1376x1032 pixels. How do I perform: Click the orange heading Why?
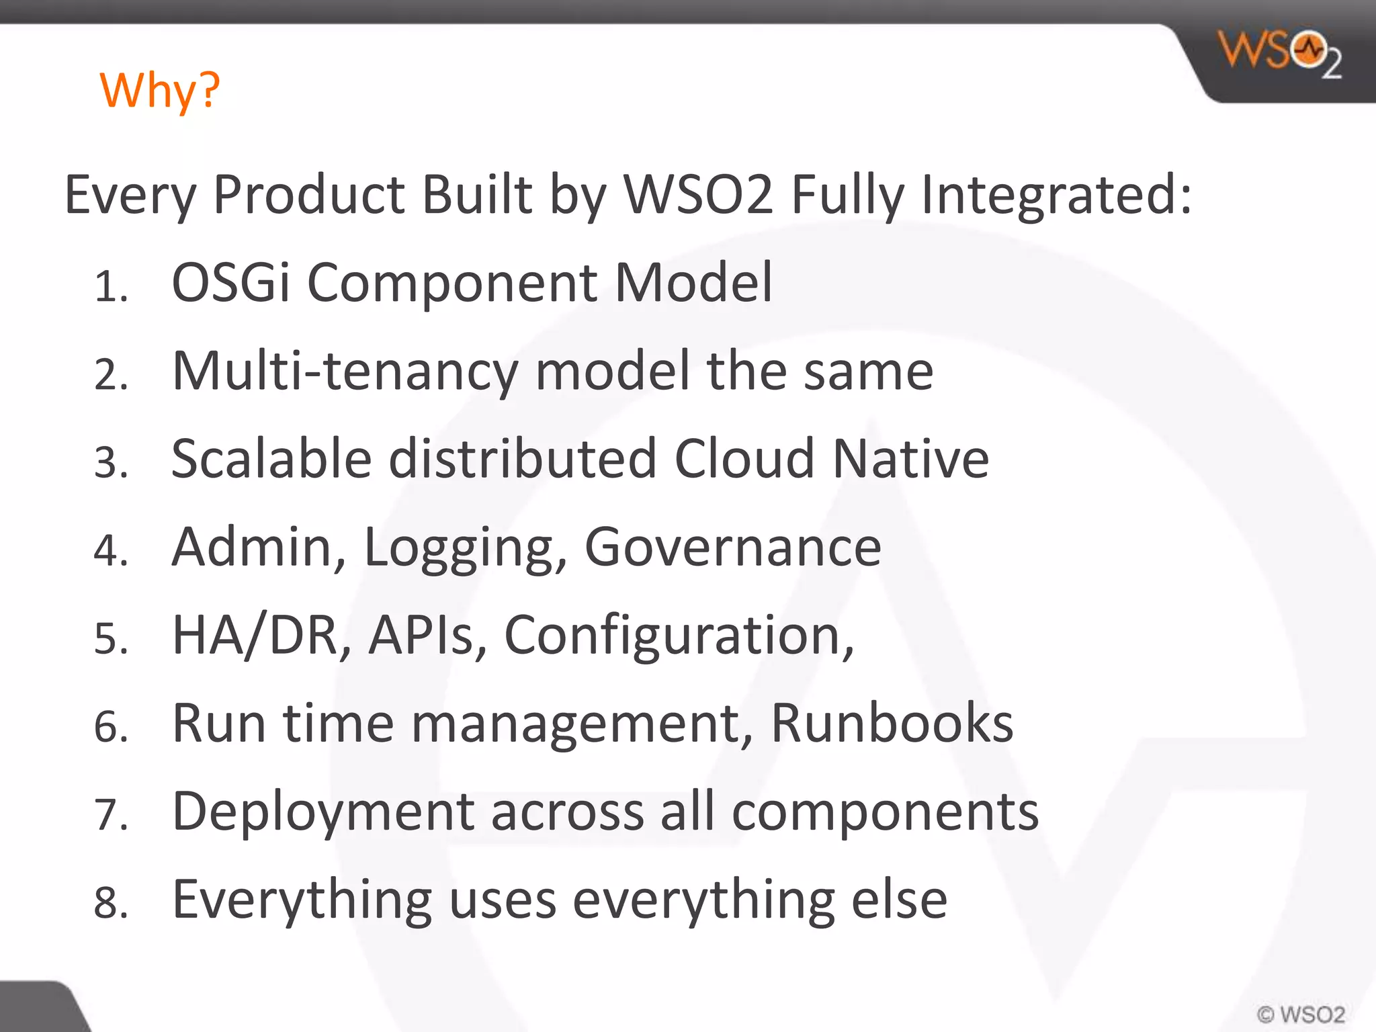(160, 90)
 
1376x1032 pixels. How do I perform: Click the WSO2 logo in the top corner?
(1281, 52)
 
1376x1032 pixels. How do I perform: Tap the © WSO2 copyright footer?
(1301, 1014)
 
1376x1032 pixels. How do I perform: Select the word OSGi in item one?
(230, 282)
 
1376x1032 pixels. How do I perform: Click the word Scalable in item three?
(271, 459)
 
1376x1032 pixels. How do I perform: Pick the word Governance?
(732, 548)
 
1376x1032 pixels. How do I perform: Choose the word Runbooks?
(892, 724)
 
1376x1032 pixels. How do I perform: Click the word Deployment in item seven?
(323, 812)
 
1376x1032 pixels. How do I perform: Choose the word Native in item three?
(910, 459)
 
